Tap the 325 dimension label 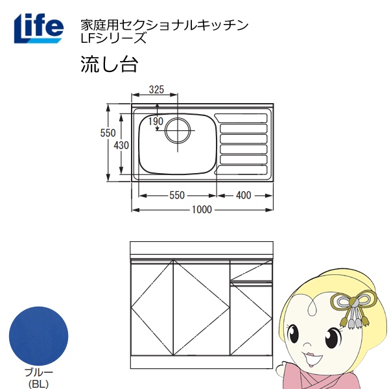(x=156, y=89)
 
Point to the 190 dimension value (x=156, y=121)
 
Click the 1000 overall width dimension (x=202, y=210)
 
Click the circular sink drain (x=178, y=131)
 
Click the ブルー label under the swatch (x=38, y=372)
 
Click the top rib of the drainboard (x=243, y=118)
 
